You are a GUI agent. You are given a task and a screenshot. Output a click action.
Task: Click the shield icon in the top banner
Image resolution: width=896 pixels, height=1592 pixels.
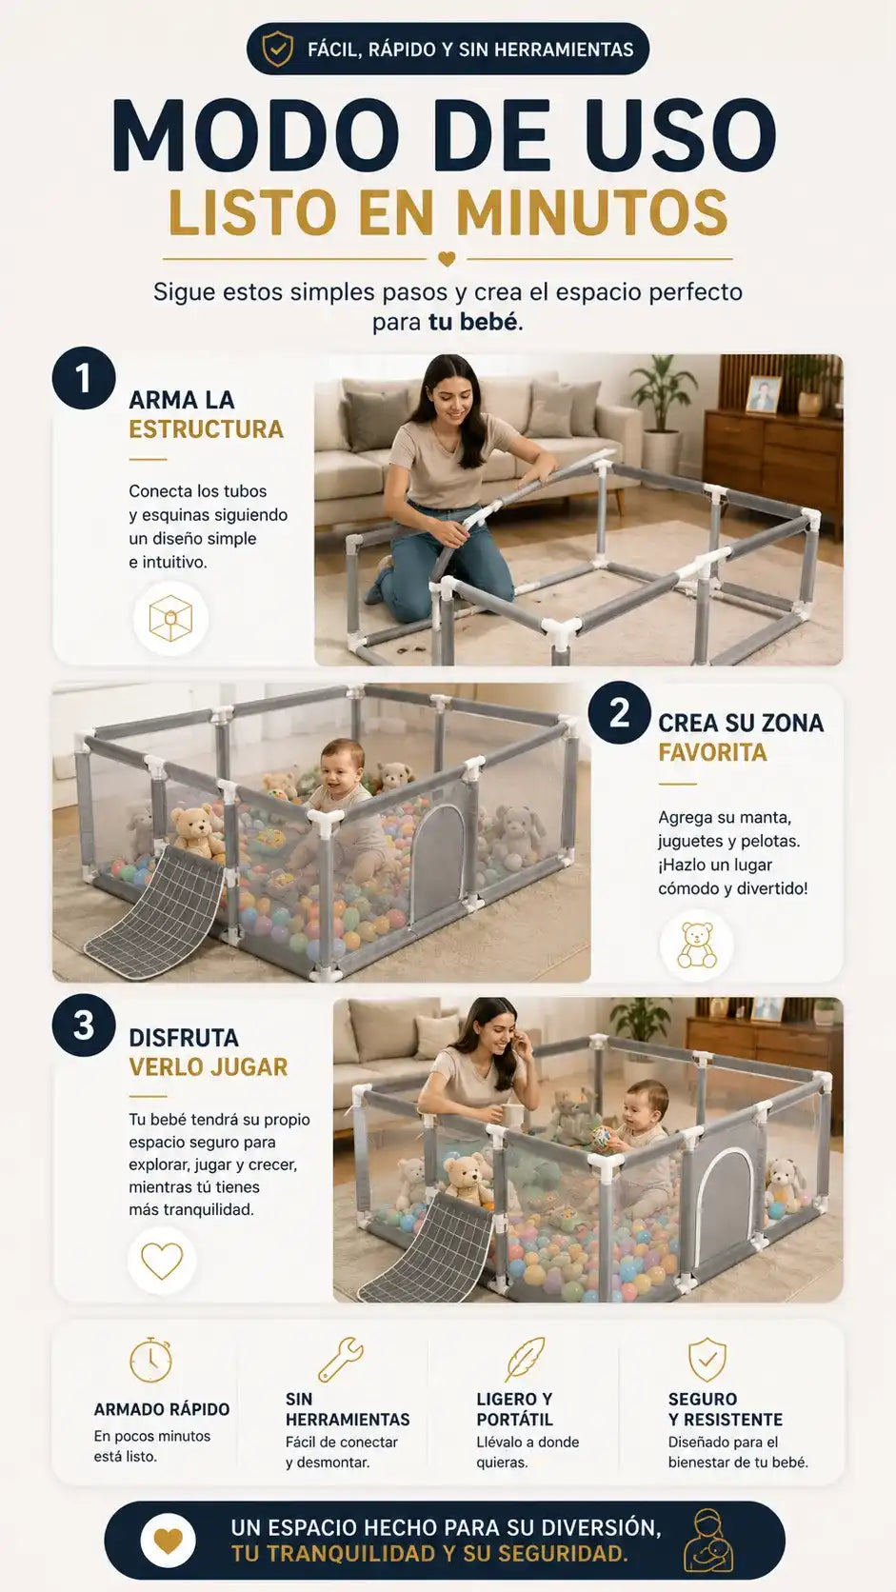277,49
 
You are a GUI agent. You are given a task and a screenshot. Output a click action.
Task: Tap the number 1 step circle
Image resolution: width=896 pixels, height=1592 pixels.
84,378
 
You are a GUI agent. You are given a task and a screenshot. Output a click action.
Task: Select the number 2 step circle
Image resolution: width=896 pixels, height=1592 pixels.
619,713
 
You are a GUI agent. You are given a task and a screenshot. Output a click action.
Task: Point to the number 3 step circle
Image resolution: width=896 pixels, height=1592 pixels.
84,1025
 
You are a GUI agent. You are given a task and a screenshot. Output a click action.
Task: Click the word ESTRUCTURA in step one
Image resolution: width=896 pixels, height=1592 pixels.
206,429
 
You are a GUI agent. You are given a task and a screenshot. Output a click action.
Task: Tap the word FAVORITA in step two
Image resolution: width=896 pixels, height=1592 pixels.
712,752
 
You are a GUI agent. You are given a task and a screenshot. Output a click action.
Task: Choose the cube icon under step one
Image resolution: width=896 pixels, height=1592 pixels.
170,618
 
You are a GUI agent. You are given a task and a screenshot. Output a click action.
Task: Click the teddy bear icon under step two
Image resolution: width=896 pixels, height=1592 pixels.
697,945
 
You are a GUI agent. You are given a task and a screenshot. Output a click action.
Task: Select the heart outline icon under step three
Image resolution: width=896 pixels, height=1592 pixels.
162,1261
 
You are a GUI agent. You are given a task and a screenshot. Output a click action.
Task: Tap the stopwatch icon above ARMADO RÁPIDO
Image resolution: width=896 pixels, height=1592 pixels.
150,1360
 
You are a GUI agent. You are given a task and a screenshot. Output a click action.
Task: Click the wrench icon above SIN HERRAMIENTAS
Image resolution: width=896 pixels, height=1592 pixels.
341,1359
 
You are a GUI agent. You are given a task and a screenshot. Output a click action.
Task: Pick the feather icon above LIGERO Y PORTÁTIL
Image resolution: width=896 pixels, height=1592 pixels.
525,1359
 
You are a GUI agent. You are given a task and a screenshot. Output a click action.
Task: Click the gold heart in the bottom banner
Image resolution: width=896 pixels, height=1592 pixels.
168,1541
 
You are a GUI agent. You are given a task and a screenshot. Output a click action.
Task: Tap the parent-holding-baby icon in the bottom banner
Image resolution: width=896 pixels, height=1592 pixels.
707,1541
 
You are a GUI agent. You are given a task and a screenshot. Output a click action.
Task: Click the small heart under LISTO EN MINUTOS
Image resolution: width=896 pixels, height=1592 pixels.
447,259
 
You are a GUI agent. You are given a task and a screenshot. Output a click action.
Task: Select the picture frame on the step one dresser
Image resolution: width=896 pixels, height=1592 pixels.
763,394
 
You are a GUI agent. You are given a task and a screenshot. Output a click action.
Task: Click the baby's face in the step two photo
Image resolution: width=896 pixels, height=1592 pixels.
343,764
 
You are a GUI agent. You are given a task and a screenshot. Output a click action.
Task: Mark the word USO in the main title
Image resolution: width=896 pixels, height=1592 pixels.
681,135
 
